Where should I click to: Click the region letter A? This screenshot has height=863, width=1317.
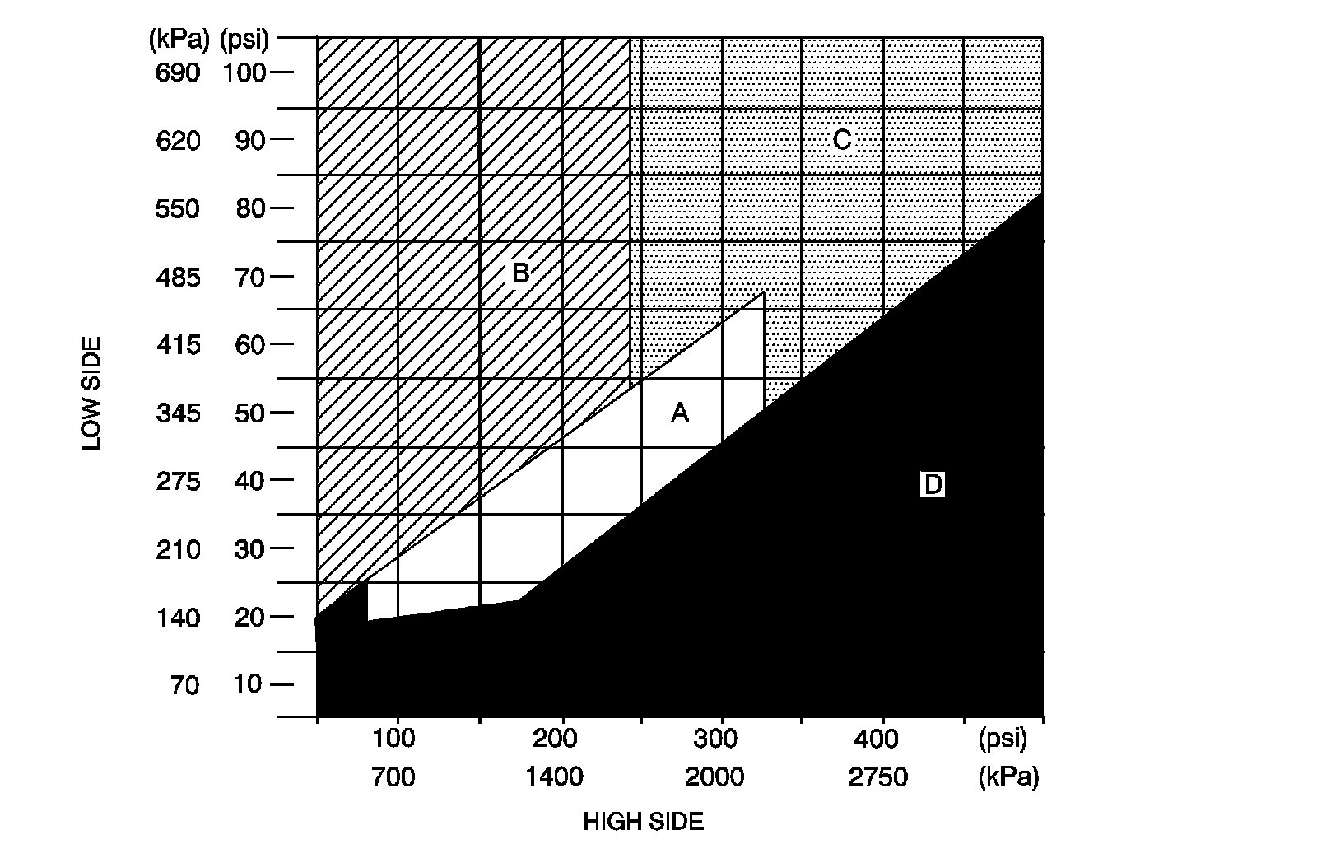coord(679,413)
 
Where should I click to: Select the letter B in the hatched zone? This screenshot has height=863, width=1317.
coord(520,272)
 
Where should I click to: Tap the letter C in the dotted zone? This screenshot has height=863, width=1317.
coord(841,140)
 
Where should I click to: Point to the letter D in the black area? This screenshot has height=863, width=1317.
coord(933,485)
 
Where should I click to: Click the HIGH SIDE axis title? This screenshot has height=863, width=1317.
coord(644,822)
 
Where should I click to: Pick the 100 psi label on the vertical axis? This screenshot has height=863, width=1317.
coord(244,73)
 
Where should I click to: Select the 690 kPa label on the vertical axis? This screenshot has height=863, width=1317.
coord(178,73)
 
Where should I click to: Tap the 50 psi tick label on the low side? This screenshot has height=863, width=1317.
coord(249,413)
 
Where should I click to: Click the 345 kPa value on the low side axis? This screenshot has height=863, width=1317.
coord(178,413)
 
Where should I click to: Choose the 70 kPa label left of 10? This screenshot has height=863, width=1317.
coord(185,685)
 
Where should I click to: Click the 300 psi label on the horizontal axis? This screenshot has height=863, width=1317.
coord(715,739)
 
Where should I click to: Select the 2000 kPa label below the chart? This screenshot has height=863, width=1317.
coord(714,777)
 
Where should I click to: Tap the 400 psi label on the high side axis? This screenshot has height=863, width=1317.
coord(876,739)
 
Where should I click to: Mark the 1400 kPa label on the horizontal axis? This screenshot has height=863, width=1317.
coord(555,777)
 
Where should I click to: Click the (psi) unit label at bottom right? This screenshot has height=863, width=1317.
coord(1003,739)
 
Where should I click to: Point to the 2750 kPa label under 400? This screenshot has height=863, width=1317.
coord(877,777)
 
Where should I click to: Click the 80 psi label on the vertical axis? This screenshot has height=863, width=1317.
coord(249,208)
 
